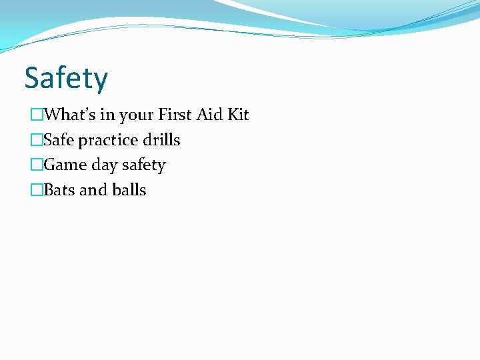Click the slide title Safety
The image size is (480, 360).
(66, 79)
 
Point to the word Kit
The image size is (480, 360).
(238, 115)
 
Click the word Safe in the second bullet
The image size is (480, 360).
(59, 140)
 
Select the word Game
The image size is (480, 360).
(62, 165)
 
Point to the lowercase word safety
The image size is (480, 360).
(143, 165)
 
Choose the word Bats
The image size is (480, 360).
(59, 190)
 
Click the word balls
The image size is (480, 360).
(129, 190)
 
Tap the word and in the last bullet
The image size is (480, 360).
(93, 190)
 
